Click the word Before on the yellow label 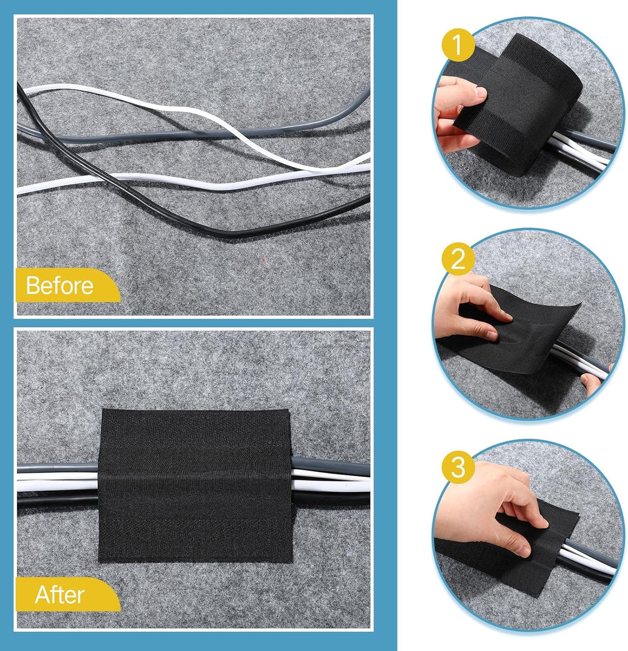coord(60,285)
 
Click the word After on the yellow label coord(60,595)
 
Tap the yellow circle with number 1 coord(458,45)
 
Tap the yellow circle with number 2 coord(458,259)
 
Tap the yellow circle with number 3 coord(458,467)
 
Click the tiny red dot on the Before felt coord(263,259)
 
